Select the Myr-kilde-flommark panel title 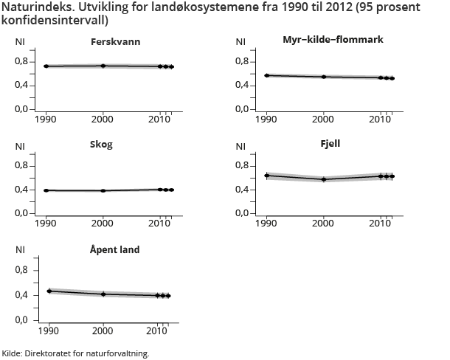coord(333,38)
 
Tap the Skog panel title coord(103,145)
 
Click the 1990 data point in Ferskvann coord(46,66)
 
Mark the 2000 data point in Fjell coord(324,179)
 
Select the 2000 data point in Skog coord(103,190)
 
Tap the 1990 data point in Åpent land coord(49,291)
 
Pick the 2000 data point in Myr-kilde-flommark coord(324,77)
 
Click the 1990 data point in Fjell coord(267,176)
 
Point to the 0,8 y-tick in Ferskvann coord(22,61)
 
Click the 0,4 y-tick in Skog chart coord(22,190)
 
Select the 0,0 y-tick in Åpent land coord(22,319)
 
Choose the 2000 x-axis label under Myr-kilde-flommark coord(324,119)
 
